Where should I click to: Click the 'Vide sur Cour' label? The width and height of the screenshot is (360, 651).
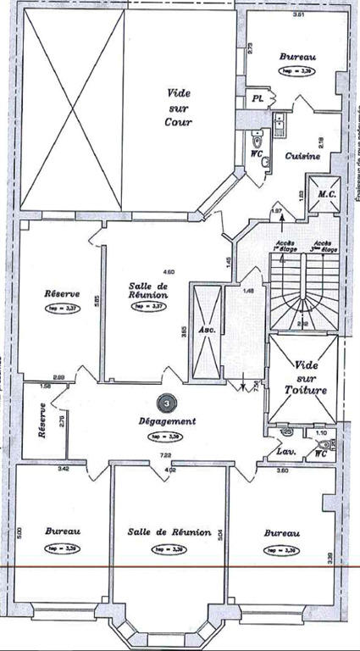[x=179, y=107]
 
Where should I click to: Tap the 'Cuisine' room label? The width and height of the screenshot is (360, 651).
[x=301, y=157]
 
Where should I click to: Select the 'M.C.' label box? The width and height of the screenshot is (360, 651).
[x=328, y=194]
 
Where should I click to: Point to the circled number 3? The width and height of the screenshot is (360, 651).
[x=168, y=404]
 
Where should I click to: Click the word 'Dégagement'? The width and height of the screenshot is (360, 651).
[x=168, y=420]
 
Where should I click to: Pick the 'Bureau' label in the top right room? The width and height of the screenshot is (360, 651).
[x=297, y=58]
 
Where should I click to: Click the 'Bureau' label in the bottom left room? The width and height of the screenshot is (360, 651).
[x=63, y=531]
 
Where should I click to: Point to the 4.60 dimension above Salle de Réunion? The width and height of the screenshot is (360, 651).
[x=168, y=271]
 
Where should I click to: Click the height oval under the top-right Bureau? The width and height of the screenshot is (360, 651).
[x=297, y=72]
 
